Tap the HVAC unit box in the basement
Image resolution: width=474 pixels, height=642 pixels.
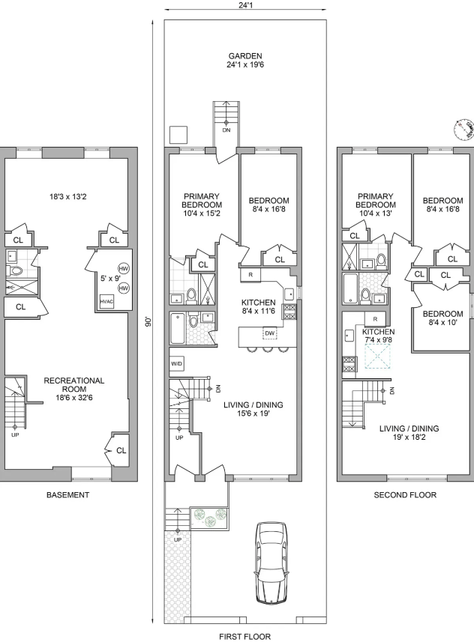tap(106, 301)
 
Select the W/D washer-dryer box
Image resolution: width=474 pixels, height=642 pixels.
tap(177, 363)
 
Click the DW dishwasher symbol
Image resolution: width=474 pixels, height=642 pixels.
tap(270, 333)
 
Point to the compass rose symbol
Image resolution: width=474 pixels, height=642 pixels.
tap(463, 130)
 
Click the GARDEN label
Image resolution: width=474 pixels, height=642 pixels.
tap(245, 55)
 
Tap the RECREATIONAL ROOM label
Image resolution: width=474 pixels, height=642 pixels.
tap(74, 384)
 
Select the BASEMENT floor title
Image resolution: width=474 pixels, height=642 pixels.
tap(67, 494)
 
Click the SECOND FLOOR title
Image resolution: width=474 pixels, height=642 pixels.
tap(405, 494)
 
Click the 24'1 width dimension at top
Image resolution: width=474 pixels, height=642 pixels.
tap(245, 6)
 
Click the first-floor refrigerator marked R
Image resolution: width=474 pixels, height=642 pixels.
tap(250, 275)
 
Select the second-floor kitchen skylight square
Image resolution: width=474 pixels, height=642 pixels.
tap(378, 357)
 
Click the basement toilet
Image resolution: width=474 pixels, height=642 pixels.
tap(15, 270)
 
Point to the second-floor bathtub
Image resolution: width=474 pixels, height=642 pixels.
tap(349, 288)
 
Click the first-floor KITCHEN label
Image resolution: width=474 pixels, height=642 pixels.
tap(258, 302)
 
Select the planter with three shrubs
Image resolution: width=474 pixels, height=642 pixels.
tap(209, 517)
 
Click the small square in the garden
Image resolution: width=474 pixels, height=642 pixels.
tap(178, 135)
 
